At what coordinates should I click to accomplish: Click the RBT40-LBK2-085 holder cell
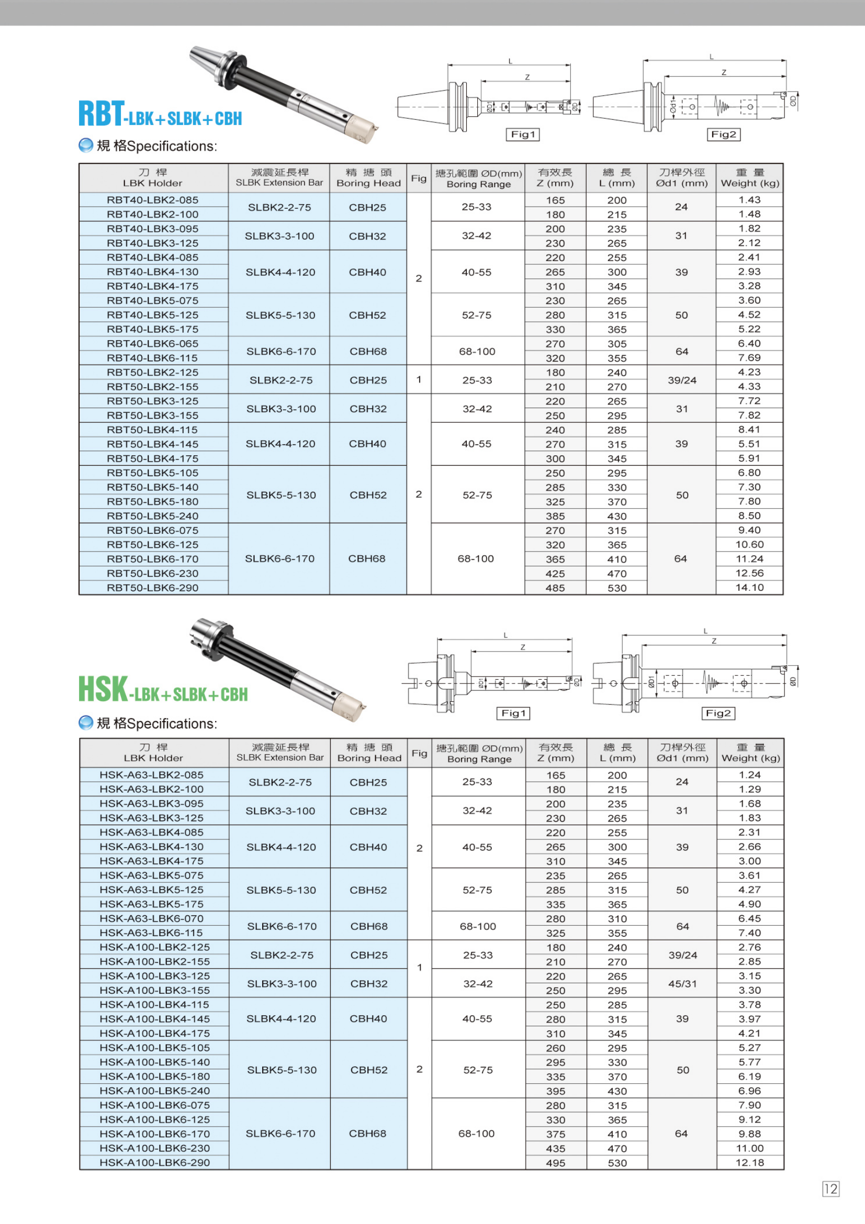(x=152, y=200)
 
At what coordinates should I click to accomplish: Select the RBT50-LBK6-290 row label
(x=152, y=588)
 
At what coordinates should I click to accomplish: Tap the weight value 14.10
(x=749, y=588)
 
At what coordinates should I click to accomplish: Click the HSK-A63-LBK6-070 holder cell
(x=152, y=918)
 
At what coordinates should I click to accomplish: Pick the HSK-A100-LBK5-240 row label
(x=154, y=1091)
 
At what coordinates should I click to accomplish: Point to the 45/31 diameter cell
(x=683, y=984)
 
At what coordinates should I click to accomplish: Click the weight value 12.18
(x=749, y=1163)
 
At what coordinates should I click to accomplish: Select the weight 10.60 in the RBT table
(x=749, y=544)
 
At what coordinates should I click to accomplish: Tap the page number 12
(x=830, y=1189)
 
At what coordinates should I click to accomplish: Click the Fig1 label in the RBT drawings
(x=522, y=134)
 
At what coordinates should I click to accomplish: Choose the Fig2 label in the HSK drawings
(x=718, y=713)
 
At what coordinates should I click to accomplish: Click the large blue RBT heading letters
(x=102, y=114)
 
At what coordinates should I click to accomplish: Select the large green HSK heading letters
(x=103, y=689)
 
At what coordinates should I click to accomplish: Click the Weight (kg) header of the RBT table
(x=750, y=178)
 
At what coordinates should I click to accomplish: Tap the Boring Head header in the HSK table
(x=369, y=753)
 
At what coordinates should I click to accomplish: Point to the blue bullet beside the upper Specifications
(x=85, y=145)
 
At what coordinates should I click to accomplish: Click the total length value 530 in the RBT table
(x=616, y=588)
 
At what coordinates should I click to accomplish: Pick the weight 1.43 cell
(x=749, y=200)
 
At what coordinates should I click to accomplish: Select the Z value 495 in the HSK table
(x=555, y=1163)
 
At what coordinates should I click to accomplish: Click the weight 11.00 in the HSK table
(x=749, y=1148)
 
